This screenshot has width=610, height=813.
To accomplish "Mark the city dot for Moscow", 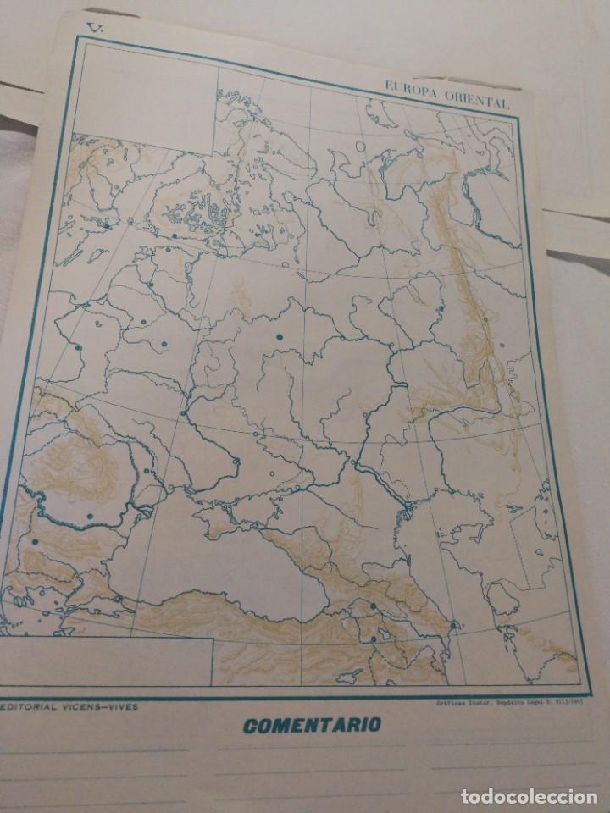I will tap(278, 338).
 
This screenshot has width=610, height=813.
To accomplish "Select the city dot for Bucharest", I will tap(90, 515).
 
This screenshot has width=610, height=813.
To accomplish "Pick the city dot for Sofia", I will tap(35, 540).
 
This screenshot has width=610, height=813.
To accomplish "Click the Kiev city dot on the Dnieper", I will tap(183, 413).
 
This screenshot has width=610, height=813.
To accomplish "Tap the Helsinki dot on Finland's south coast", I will tap(174, 236).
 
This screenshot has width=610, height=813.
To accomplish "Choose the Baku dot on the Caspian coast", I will tap(454, 625).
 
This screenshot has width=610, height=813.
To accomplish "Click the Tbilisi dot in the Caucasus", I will tap(373, 606).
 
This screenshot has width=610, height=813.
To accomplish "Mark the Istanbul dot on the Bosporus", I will tap(119, 599).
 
